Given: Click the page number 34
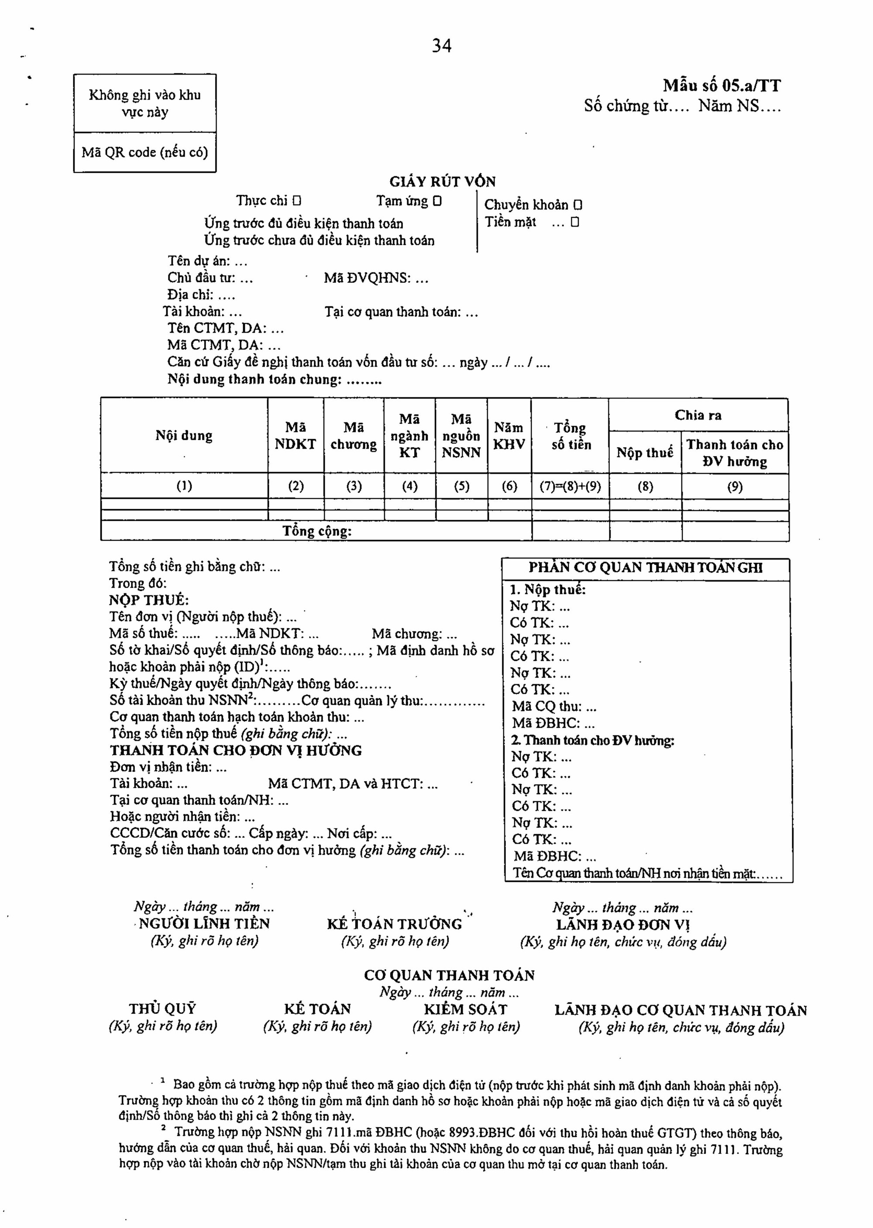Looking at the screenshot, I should tap(441, 46).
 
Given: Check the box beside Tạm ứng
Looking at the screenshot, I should tap(437, 202).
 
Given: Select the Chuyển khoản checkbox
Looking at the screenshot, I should tap(578, 205).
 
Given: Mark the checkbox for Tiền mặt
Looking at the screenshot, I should tap(575, 222).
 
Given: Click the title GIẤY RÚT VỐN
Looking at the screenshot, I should tap(443, 182).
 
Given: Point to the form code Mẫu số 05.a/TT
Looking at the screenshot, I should tap(722, 86).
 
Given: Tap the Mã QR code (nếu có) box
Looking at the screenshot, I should tap(144, 153).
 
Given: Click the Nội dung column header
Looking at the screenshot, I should tap(184, 436).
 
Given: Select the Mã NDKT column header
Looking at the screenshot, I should tap(296, 436).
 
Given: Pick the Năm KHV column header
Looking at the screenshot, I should tap(509, 436).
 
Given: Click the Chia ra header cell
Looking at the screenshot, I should tap(698, 415).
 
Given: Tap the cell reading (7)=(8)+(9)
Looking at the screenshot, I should tap(571, 487).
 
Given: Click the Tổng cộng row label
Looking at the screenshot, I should tap(317, 531).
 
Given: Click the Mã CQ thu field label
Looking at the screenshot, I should tap(553, 707).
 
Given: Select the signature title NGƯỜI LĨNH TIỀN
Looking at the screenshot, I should tap(204, 924).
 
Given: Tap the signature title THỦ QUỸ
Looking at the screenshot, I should tap(162, 1009).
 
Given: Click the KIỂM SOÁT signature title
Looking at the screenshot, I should tap(466, 1009).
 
